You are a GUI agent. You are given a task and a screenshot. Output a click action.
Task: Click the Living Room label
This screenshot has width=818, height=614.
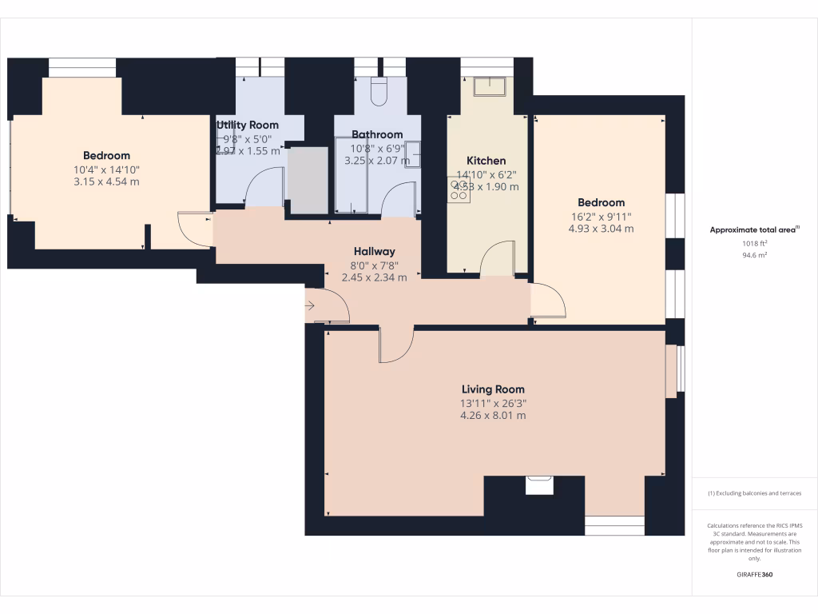tap(493, 389)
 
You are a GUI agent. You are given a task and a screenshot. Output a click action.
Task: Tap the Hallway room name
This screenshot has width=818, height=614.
tap(375, 251)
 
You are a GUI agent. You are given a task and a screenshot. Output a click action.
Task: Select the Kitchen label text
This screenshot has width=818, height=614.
tap(486, 161)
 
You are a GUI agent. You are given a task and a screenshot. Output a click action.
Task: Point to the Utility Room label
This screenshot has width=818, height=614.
tap(248, 125)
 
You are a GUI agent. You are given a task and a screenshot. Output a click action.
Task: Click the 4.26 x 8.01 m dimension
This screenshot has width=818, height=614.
tap(493, 415)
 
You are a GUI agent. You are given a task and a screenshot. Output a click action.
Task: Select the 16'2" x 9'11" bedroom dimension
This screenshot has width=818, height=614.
tap(601, 216)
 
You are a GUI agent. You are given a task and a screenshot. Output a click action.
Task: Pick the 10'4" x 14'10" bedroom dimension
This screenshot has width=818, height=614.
tap(106, 169)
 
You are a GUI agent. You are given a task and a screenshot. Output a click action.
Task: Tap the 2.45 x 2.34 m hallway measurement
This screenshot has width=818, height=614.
tap(375, 277)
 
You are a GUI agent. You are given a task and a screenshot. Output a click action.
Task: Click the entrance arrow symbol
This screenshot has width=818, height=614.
tap(310, 306)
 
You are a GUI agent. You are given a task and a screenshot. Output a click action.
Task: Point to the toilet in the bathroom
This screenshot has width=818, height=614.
tap(379, 92)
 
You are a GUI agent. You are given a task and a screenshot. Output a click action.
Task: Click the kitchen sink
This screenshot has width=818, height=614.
tap(488, 86)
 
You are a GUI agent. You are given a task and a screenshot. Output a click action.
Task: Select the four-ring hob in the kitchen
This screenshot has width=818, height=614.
tap(459, 189)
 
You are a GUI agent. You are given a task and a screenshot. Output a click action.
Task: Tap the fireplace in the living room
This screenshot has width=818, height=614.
tap(539, 484)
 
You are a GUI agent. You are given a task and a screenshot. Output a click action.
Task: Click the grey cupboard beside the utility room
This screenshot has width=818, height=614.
tap(308, 180)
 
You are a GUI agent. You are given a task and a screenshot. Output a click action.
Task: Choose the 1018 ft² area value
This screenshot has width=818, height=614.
tap(754, 243)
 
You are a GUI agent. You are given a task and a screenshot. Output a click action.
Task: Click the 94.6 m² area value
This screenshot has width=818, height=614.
tap(754, 257)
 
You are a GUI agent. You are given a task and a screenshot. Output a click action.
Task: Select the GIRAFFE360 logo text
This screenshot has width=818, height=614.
tap(754, 574)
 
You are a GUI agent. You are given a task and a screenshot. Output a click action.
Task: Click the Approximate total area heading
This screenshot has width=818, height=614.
tap(754, 229)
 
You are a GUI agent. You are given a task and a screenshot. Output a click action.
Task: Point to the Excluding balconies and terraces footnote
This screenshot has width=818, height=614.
tap(754, 493)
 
